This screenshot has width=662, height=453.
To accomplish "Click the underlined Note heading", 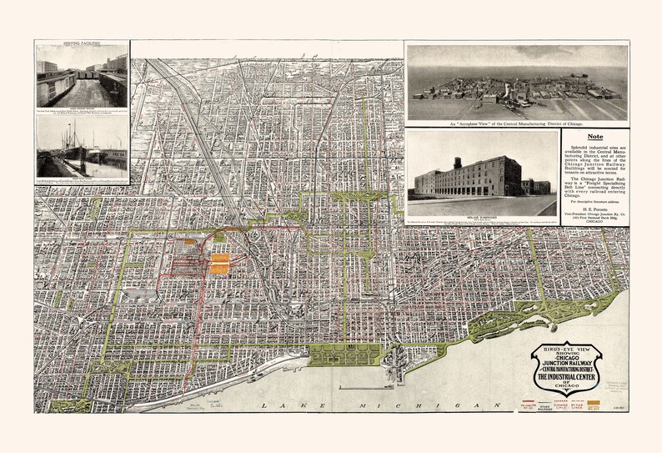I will [x=595, y=137].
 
